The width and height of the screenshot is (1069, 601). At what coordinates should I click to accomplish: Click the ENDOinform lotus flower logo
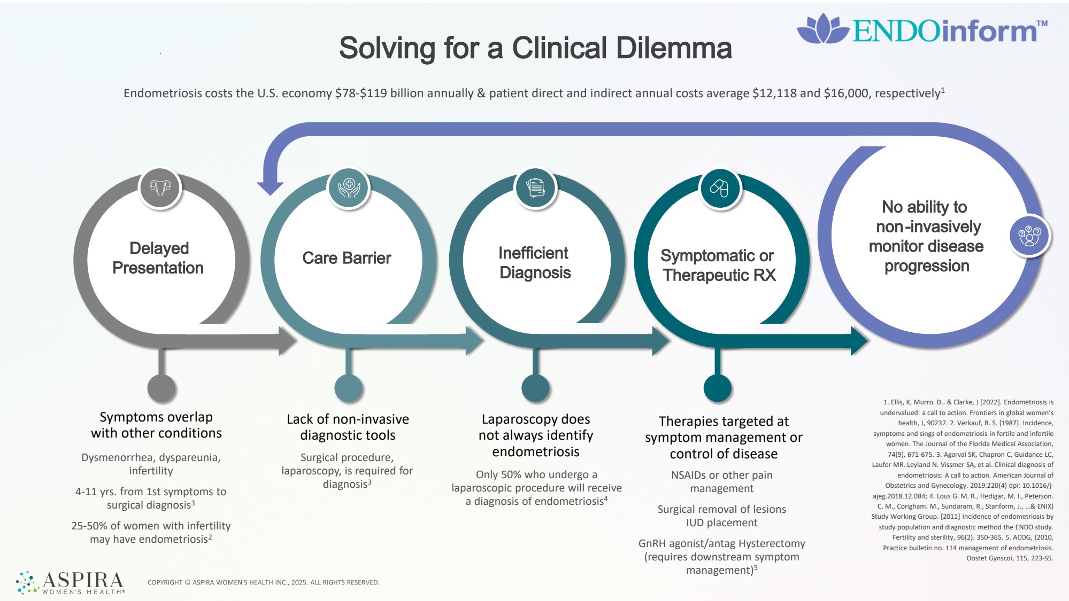point(822,29)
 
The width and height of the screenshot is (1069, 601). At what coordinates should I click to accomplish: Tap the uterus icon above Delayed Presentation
point(160,188)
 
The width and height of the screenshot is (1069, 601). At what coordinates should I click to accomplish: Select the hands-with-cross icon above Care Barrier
point(349,188)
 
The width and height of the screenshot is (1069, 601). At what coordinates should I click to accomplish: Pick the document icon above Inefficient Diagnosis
point(535,188)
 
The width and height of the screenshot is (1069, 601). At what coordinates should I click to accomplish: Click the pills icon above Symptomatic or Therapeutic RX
point(719,188)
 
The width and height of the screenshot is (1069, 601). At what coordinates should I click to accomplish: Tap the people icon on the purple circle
point(1029,236)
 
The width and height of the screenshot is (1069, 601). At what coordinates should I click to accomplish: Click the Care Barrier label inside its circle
point(347,258)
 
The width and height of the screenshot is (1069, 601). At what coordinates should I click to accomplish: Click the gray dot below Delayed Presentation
point(161,388)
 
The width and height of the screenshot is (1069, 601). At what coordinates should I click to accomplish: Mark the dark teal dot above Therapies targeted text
point(717,388)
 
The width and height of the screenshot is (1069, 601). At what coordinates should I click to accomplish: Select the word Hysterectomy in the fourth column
point(769,543)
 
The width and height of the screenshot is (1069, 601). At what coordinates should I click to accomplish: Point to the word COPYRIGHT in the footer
point(165,582)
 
